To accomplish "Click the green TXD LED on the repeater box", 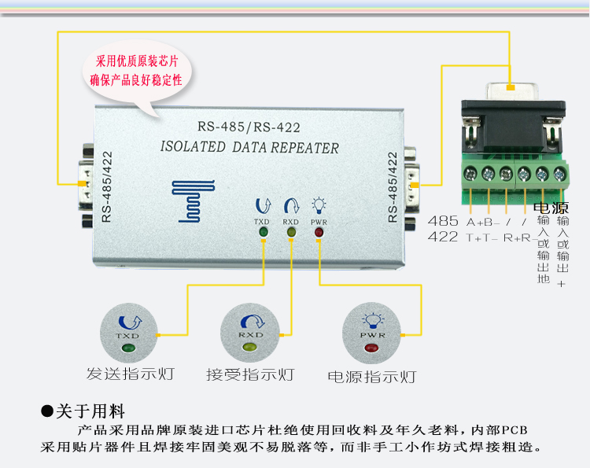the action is click(264, 232).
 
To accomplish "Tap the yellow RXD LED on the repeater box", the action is click(291, 232).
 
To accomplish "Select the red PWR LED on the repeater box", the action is click(319, 232).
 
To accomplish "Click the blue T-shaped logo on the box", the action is click(193, 201).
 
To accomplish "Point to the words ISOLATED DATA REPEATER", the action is click(249, 147).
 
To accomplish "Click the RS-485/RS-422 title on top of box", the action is click(249, 127).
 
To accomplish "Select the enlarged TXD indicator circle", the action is click(128, 333).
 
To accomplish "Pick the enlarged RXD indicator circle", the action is click(250, 333).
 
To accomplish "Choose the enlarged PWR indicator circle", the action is click(371, 333).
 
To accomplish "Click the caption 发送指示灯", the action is click(131, 374).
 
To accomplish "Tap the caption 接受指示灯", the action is click(250, 374).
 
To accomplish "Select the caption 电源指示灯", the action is click(372, 377).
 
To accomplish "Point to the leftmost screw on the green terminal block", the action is click(470, 174).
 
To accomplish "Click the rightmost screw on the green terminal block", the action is click(559, 174).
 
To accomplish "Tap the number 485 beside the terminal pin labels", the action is click(443, 221).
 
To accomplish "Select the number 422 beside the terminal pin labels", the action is click(443, 237).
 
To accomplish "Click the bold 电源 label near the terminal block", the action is click(551, 208).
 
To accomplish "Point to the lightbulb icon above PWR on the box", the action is click(319, 205).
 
